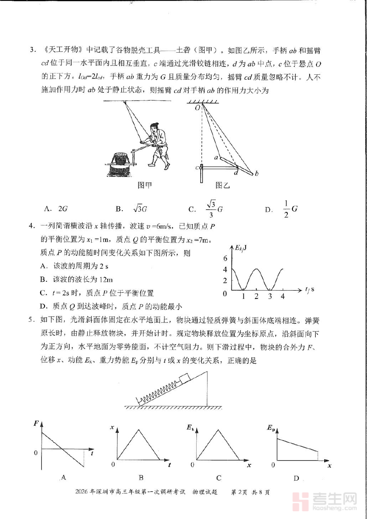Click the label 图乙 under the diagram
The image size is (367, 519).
[223, 185]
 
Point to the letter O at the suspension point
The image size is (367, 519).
[197, 108]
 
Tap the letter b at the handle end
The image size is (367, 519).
[256, 174]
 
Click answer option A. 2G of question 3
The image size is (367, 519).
[57, 209]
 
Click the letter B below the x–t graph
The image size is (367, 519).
[141, 478]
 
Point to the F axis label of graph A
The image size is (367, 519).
[37, 423]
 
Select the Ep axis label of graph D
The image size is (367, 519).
[271, 428]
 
